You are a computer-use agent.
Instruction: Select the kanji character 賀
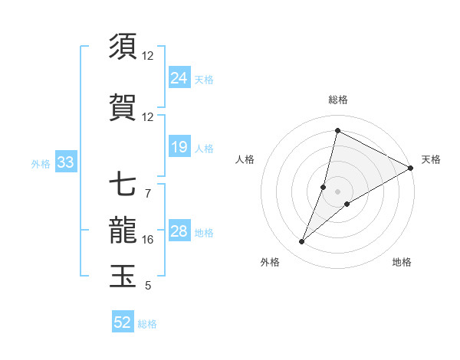click(x=123, y=106)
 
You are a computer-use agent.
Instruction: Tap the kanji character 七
click(x=123, y=185)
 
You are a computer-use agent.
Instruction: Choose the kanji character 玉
click(x=123, y=277)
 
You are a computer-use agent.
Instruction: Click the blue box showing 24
click(x=179, y=78)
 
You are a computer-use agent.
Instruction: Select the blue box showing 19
click(x=179, y=148)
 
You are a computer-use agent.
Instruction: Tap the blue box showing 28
click(x=179, y=232)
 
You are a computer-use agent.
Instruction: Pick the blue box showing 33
click(x=65, y=162)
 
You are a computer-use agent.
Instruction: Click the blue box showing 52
click(x=123, y=323)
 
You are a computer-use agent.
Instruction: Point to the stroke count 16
click(x=148, y=240)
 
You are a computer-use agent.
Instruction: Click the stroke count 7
click(x=148, y=193)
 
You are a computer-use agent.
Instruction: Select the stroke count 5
click(x=148, y=286)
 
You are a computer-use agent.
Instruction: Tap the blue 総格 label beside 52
click(x=147, y=324)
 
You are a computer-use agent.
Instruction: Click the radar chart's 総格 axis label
click(x=338, y=100)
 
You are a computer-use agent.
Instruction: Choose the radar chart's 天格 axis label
click(x=431, y=159)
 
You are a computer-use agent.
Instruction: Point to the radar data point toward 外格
click(x=302, y=242)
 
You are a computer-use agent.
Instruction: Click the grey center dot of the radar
click(x=338, y=191)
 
